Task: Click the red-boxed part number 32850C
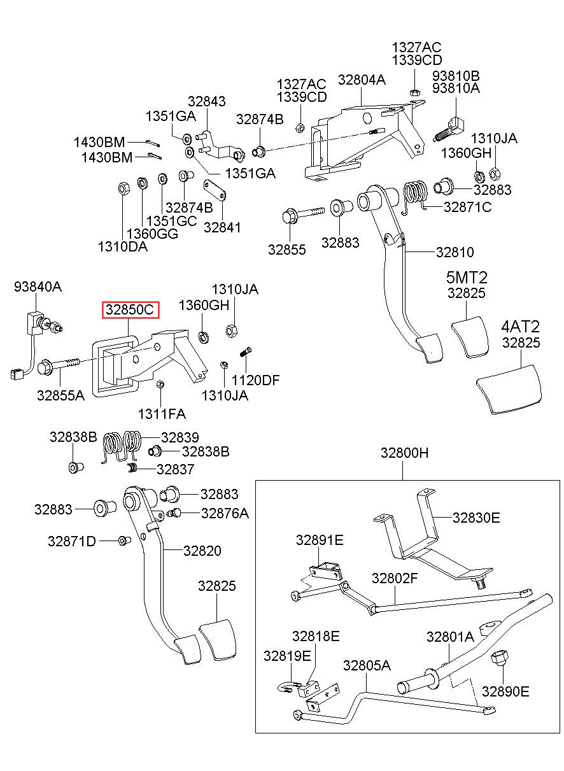tap(130, 309)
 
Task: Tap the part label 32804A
tap(362, 80)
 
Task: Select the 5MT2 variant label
tap(467, 277)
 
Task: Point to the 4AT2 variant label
tap(520, 327)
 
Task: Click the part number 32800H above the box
tap(405, 453)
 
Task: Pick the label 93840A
tap(38, 286)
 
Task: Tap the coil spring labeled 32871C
tap(415, 196)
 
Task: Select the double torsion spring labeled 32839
tap(122, 446)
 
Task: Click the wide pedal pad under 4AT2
tap(509, 390)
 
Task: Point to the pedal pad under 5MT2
tap(470, 337)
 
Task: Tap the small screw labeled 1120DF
tap(245, 353)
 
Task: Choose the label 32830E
tap(476, 518)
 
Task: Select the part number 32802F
tap(395, 578)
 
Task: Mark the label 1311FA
tap(162, 414)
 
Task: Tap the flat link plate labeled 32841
tap(215, 190)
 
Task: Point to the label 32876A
tap(225, 513)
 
